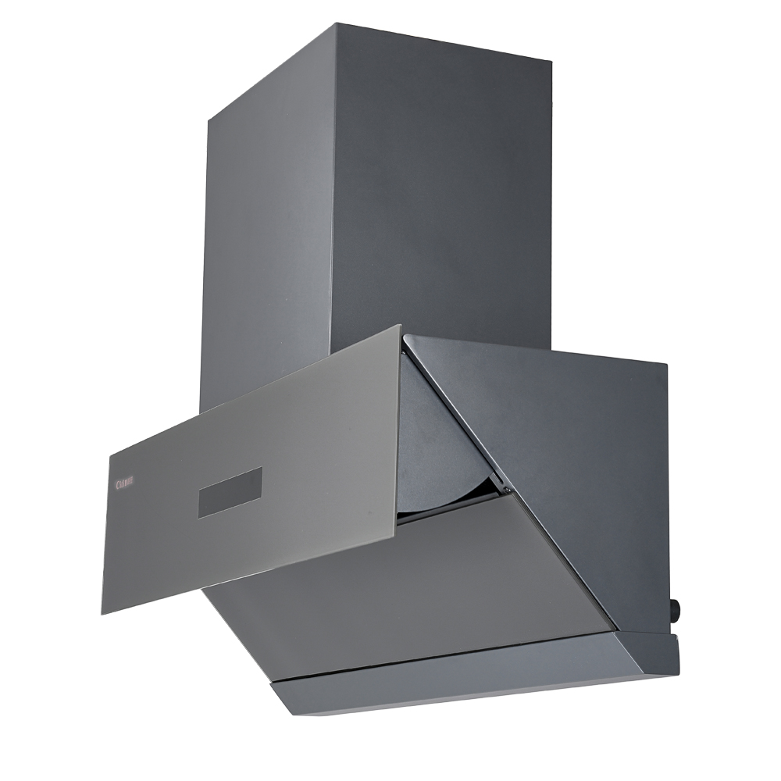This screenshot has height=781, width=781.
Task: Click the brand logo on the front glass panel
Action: tap(125, 484)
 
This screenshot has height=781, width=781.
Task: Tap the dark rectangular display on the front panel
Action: tap(230, 492)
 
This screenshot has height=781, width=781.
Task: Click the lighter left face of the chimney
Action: tap(266, 234)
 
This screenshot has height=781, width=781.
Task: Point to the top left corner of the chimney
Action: tap(208, 122)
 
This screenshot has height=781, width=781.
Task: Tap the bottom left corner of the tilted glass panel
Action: tap(102, 613)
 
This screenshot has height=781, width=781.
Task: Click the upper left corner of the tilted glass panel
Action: tap(112, 452)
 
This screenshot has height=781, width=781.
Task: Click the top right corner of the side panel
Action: tap(666, 364)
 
